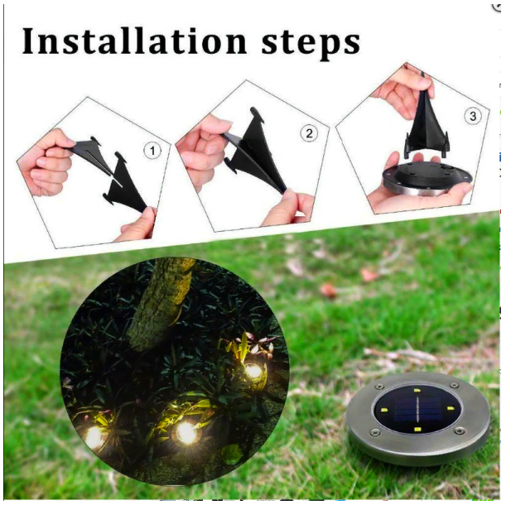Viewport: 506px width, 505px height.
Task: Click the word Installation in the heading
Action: pyautogui.click(x=134, y=41)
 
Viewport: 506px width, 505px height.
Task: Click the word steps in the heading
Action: pyautogui.click(x=311, y=45)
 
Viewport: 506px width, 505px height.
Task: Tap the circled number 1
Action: pyautogui.click(x=152, y=151)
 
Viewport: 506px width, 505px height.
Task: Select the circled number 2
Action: pyautogui.click(x=309, y=133)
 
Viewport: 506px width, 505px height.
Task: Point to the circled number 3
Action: pyautogui.click(x=473, y=116)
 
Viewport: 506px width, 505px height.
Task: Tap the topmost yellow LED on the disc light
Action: pyautogui.click(x=417, y=392)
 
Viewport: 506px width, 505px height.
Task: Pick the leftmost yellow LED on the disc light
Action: pyautogui.click(x=384, y=410)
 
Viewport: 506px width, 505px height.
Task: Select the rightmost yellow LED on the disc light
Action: pyautogui.click(x=451, y=408)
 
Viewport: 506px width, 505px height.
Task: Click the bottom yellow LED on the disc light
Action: pyautogui.click(x=418, y=430)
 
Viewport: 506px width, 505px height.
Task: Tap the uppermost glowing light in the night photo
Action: pyautogui.click(x=253, y=371)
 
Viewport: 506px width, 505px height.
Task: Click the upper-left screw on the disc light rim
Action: pyautogui.click(x=380, y=387)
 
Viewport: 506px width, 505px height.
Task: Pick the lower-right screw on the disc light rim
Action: pyautogui.click(x=459, y=430)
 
